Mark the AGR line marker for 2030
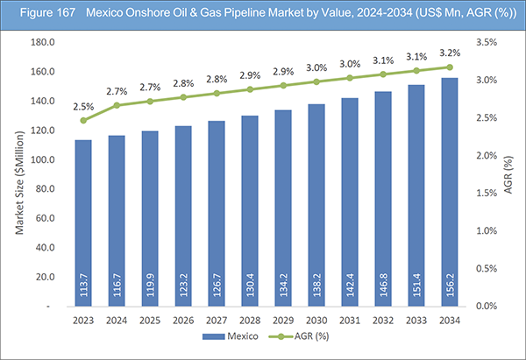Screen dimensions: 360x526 point(316,81)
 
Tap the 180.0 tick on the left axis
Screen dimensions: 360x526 point(42,42)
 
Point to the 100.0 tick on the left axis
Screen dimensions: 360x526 point(42,159)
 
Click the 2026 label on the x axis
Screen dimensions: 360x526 point(184,320)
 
